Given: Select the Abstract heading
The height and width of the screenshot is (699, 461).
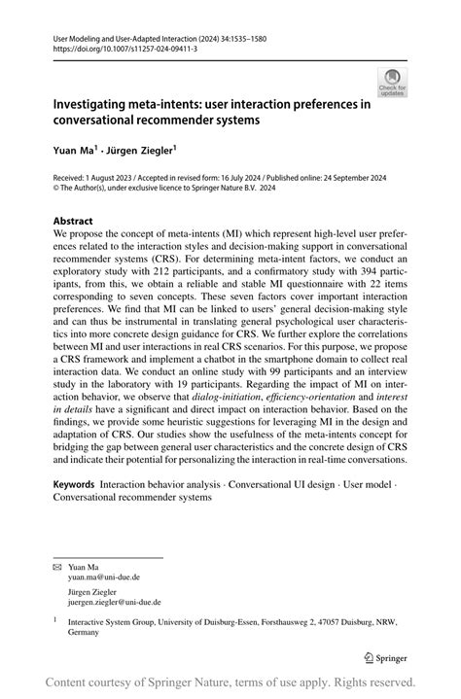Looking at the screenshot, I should pos(74,221).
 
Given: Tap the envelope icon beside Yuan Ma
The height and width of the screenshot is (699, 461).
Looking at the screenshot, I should pos(58,566).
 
